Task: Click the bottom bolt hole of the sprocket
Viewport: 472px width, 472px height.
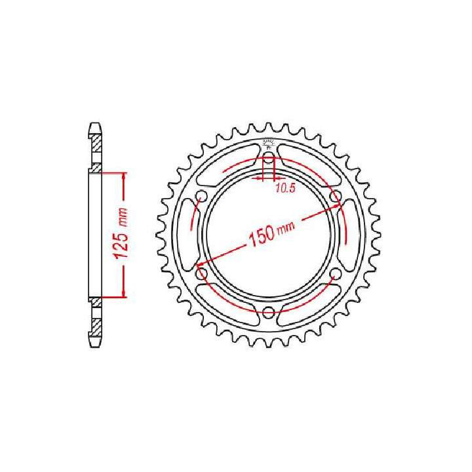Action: [x=269, y=313]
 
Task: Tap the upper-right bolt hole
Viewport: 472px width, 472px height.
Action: [x=336, y=197]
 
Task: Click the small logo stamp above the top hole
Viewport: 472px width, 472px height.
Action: [x=269, y=145]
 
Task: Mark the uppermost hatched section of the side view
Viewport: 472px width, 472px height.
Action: [x=96, y=141]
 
